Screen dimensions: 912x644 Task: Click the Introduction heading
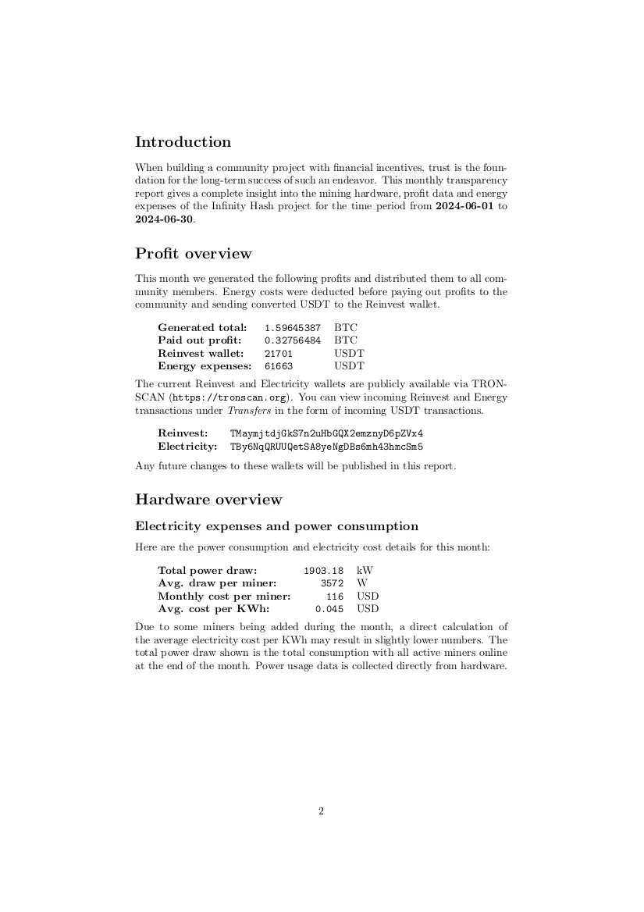click(x=183, y=142)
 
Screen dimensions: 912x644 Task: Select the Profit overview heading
click(x=193, y=254)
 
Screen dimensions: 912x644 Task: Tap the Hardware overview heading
click(x=208, y=500)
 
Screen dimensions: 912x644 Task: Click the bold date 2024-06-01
click(x=464, y=207)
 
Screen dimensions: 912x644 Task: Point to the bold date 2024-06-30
click(x=162, y=219)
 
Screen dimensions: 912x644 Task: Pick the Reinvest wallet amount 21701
click(x=279, y=354)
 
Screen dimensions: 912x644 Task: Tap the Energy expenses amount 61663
click(x=279, y=366)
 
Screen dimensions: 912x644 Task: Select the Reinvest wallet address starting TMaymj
click(x=326, y=433)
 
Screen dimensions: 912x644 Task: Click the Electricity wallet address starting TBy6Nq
click(x=326, y=447)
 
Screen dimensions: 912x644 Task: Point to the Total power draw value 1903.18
click(x=323, y=571)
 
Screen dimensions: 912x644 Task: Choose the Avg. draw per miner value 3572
click(x=332, y=583)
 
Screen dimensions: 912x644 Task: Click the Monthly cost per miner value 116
click(x=335, y=597)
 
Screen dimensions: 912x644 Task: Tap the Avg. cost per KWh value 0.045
click(x=329, y=609)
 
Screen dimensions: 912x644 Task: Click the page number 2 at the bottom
click(x=321, y=811)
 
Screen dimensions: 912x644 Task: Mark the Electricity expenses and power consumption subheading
click(x=276, y=526)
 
